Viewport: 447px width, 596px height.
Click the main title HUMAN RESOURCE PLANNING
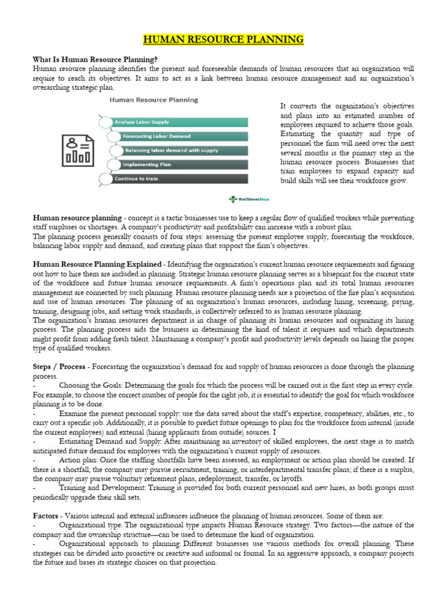pos(223,40)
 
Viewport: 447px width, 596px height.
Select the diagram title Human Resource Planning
pos(154,100)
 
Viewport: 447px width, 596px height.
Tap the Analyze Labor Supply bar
pos(175,122)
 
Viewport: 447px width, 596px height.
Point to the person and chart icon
pos(77,150)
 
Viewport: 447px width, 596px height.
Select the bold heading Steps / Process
pos(59,367)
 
